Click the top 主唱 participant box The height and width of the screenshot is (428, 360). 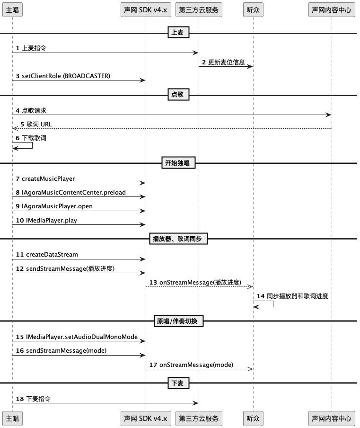tap(13, 10)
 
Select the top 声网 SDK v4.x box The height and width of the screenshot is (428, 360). tap(146, 10)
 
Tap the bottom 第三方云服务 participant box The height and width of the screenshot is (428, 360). tap(199, 419)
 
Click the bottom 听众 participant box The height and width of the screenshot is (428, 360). tap(253, 419)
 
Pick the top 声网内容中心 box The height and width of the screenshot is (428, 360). tap(332, 10)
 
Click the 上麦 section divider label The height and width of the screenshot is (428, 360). tap(178, 32)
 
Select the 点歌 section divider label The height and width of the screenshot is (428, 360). tap(178, 94)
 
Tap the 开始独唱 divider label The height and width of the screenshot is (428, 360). tap(178, 163)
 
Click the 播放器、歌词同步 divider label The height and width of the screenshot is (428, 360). tap(178, 239)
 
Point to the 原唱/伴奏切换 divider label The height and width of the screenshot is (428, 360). tap(178, 321)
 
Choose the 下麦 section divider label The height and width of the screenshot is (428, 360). tap(178, 383)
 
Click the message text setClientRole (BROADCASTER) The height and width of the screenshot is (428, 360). tap(66, 76)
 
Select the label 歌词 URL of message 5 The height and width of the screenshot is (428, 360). tap(39, 124)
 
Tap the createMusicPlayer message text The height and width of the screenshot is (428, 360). tap(48, 179)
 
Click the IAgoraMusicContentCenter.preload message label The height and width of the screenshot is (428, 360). tap(74, 192)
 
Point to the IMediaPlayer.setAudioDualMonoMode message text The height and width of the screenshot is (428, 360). tap(82, 337)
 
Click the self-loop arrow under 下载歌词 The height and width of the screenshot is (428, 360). tap(32, 145)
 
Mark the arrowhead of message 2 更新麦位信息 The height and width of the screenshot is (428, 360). tap(250, 66)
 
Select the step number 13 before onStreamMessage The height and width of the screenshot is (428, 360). tap(153, 283)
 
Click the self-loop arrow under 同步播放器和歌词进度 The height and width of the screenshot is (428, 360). tap(273, 304)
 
